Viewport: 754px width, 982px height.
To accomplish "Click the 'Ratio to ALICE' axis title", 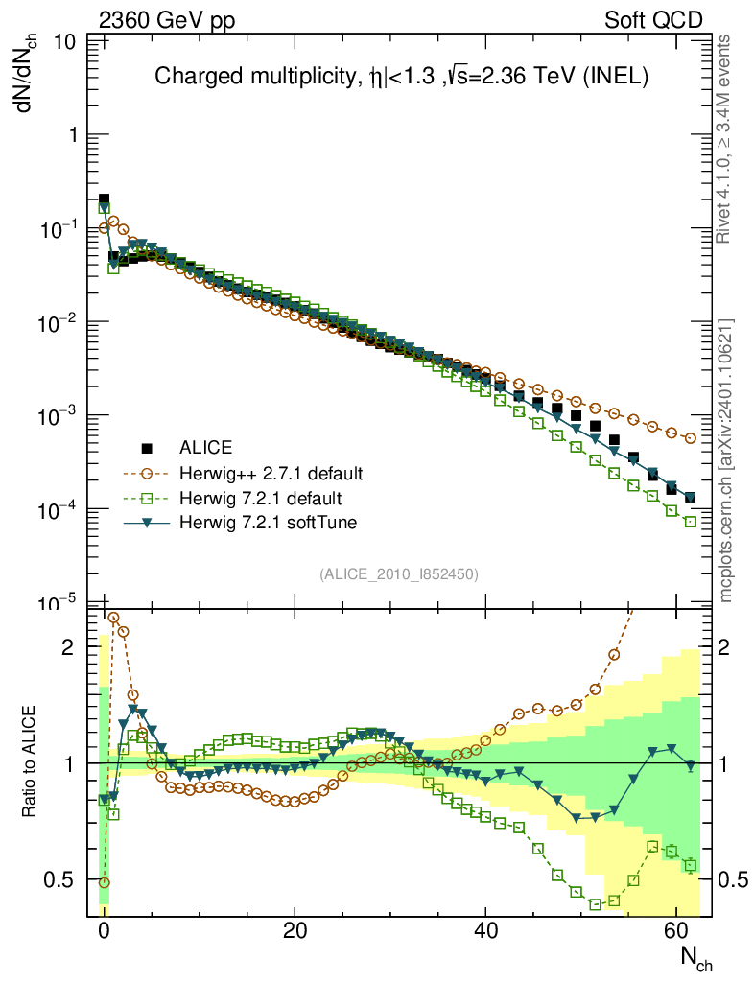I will tap(32, 761).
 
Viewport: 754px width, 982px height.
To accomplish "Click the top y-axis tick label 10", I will tap(66, 42).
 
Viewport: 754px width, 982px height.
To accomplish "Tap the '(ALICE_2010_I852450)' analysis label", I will tap(399, 574).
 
